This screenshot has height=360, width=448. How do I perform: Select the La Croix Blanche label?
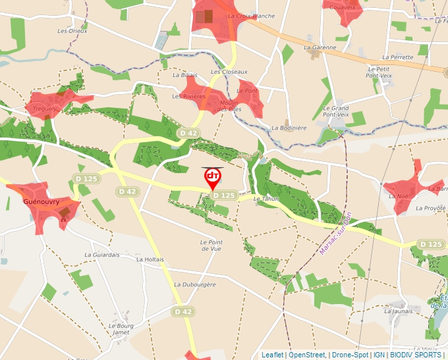tap(250, 16)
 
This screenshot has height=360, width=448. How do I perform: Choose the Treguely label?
tap(44, 109)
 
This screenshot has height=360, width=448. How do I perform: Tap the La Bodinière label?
tap(289, 128)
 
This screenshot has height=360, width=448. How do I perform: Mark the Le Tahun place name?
tap(266, 198)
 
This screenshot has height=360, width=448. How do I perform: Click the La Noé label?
tap(398, 195)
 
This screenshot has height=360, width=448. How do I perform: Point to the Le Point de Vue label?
tap(211, 245)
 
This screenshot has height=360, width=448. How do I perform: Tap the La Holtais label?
tap(150, 259)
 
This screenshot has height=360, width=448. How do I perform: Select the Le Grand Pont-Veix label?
tap(335, 111)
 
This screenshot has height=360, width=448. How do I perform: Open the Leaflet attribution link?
tap(272, 355)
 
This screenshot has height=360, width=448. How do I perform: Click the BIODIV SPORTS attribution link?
tap(415, 355)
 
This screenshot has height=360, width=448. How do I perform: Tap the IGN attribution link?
tap(379, 355)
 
